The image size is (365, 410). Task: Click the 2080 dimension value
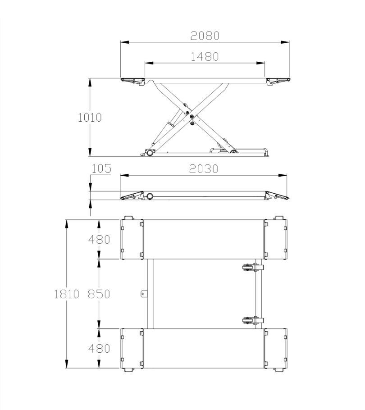click(x=205, y=36)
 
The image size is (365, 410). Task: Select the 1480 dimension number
click(x=205, y=56)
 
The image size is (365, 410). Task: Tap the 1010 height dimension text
click(x=90, y=118)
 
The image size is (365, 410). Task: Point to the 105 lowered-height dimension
click(x=101, y=169)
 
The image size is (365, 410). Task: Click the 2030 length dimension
click(x=203, y=169)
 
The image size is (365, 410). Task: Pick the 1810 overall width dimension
click(x=66, y=294)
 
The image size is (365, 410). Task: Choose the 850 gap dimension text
click(x=99, y=294)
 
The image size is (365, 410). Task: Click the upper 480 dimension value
click(x=99, y=240)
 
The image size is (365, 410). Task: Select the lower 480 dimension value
click(x=99, y=349)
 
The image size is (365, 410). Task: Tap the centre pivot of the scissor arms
click(x=192, y=117)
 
